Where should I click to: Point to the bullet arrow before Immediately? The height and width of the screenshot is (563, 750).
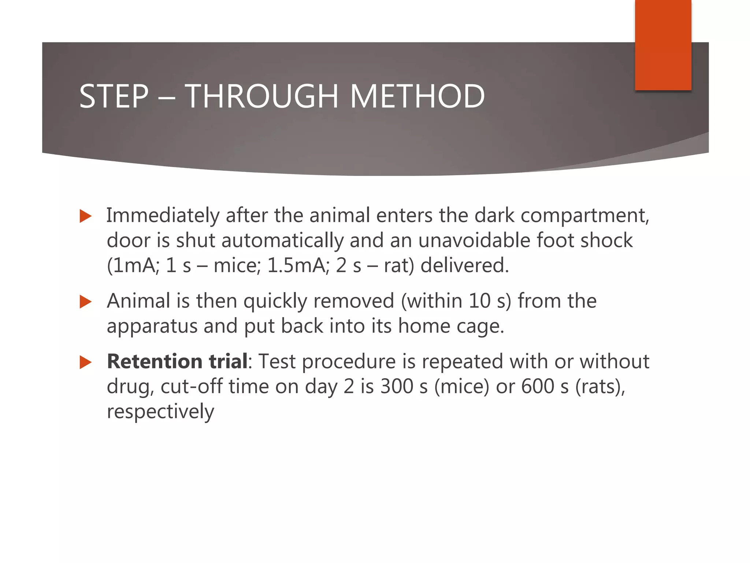85,216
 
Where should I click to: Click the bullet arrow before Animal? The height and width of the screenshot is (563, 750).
85,302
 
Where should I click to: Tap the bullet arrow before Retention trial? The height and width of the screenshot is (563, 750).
85,363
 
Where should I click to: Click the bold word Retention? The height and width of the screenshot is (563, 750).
154,361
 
